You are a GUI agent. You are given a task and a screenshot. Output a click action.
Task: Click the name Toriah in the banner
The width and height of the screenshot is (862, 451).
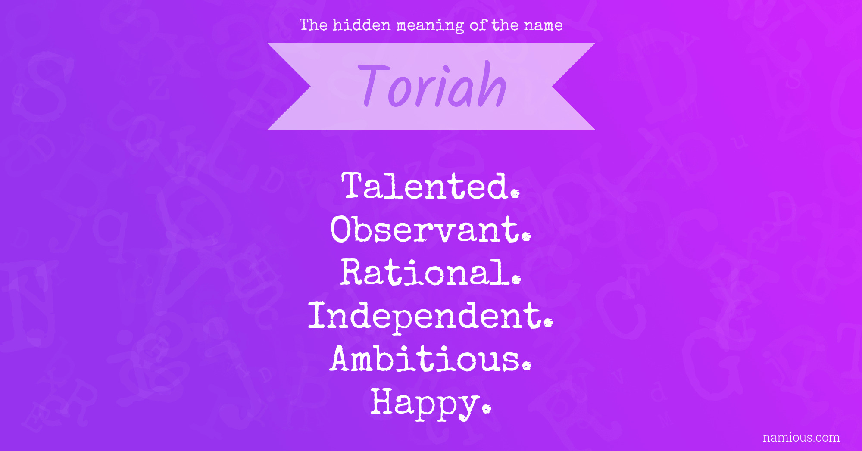(x=432, y=84)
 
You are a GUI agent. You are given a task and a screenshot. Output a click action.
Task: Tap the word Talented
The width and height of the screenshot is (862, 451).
(x=431, y=186)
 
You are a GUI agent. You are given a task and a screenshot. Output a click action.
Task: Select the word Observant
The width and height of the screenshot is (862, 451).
(x=431, y=229)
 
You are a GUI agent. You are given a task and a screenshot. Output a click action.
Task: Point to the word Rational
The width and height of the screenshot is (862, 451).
(x=431, y=272)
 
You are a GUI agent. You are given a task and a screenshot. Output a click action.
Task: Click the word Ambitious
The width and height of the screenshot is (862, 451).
(x=431, y=358)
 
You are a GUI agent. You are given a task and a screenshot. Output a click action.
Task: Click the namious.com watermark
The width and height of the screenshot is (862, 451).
(x=801, y=438)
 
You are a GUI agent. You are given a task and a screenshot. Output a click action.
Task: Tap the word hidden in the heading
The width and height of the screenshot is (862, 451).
(x=362, y=25)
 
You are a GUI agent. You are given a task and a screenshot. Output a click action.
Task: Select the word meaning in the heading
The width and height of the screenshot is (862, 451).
(x=430, y=26)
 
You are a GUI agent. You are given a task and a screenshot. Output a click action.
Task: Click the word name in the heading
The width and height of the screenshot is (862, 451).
(x=543, y=25)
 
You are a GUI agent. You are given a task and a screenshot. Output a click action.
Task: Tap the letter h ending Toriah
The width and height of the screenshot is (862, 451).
(x=492, y=84)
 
